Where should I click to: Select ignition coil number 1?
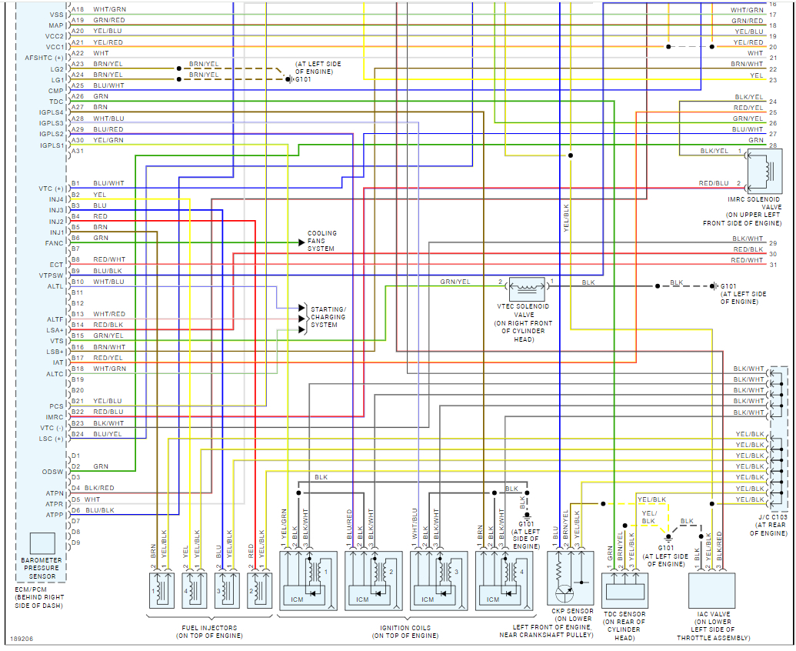(307, 578)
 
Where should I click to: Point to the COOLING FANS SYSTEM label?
(322, 242)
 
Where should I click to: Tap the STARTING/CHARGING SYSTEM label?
(328, 317)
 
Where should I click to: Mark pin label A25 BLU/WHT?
(108, 85)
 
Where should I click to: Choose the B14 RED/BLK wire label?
(108, 325)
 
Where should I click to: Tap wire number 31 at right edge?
(773, 265)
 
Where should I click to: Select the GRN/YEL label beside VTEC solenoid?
(455, 282)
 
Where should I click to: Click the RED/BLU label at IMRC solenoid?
(713, 184)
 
